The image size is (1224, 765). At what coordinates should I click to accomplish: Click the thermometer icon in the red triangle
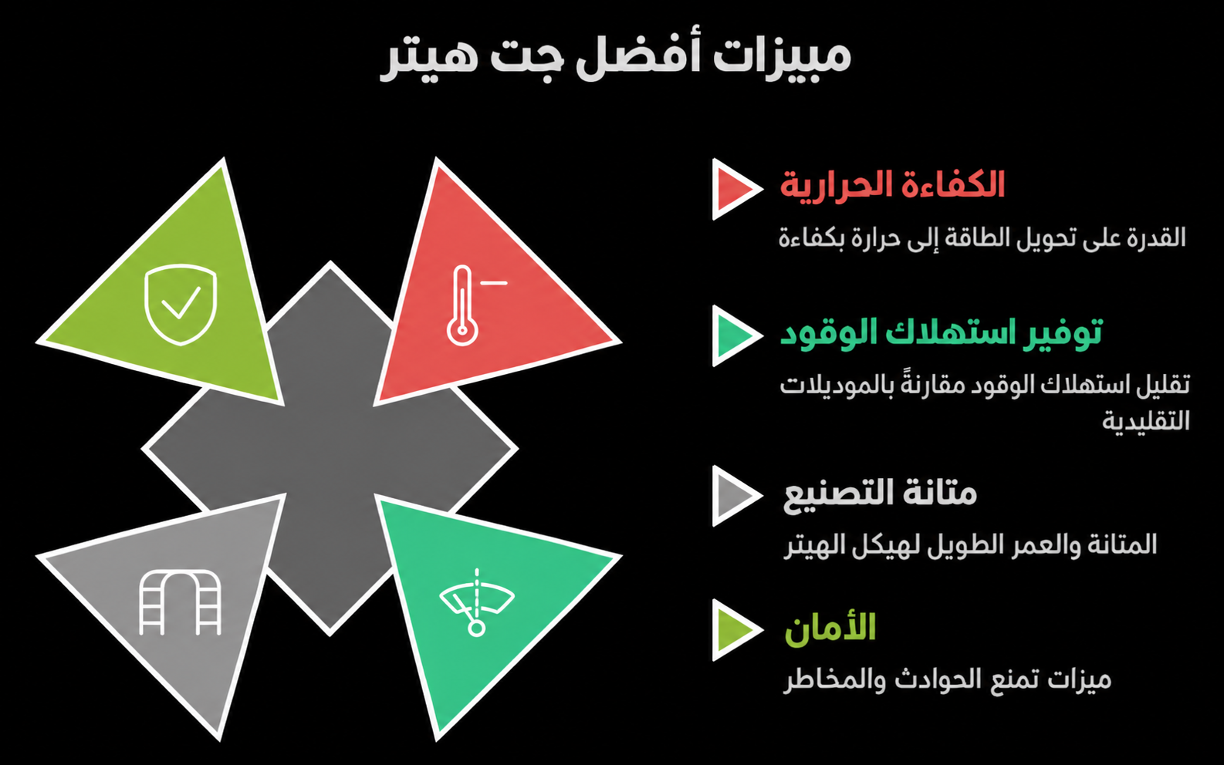click(462, 306)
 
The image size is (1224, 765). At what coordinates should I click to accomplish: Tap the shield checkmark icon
click(181, 305)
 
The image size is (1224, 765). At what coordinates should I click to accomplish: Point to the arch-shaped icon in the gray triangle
click(181, 603)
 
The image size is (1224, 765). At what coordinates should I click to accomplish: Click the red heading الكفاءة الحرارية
click(892, 185)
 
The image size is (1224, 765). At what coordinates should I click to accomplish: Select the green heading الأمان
click(830, 629)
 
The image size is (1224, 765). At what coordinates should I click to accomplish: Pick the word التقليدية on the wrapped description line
click(1145, 420)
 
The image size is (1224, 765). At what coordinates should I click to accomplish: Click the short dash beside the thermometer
click(493, 283)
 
